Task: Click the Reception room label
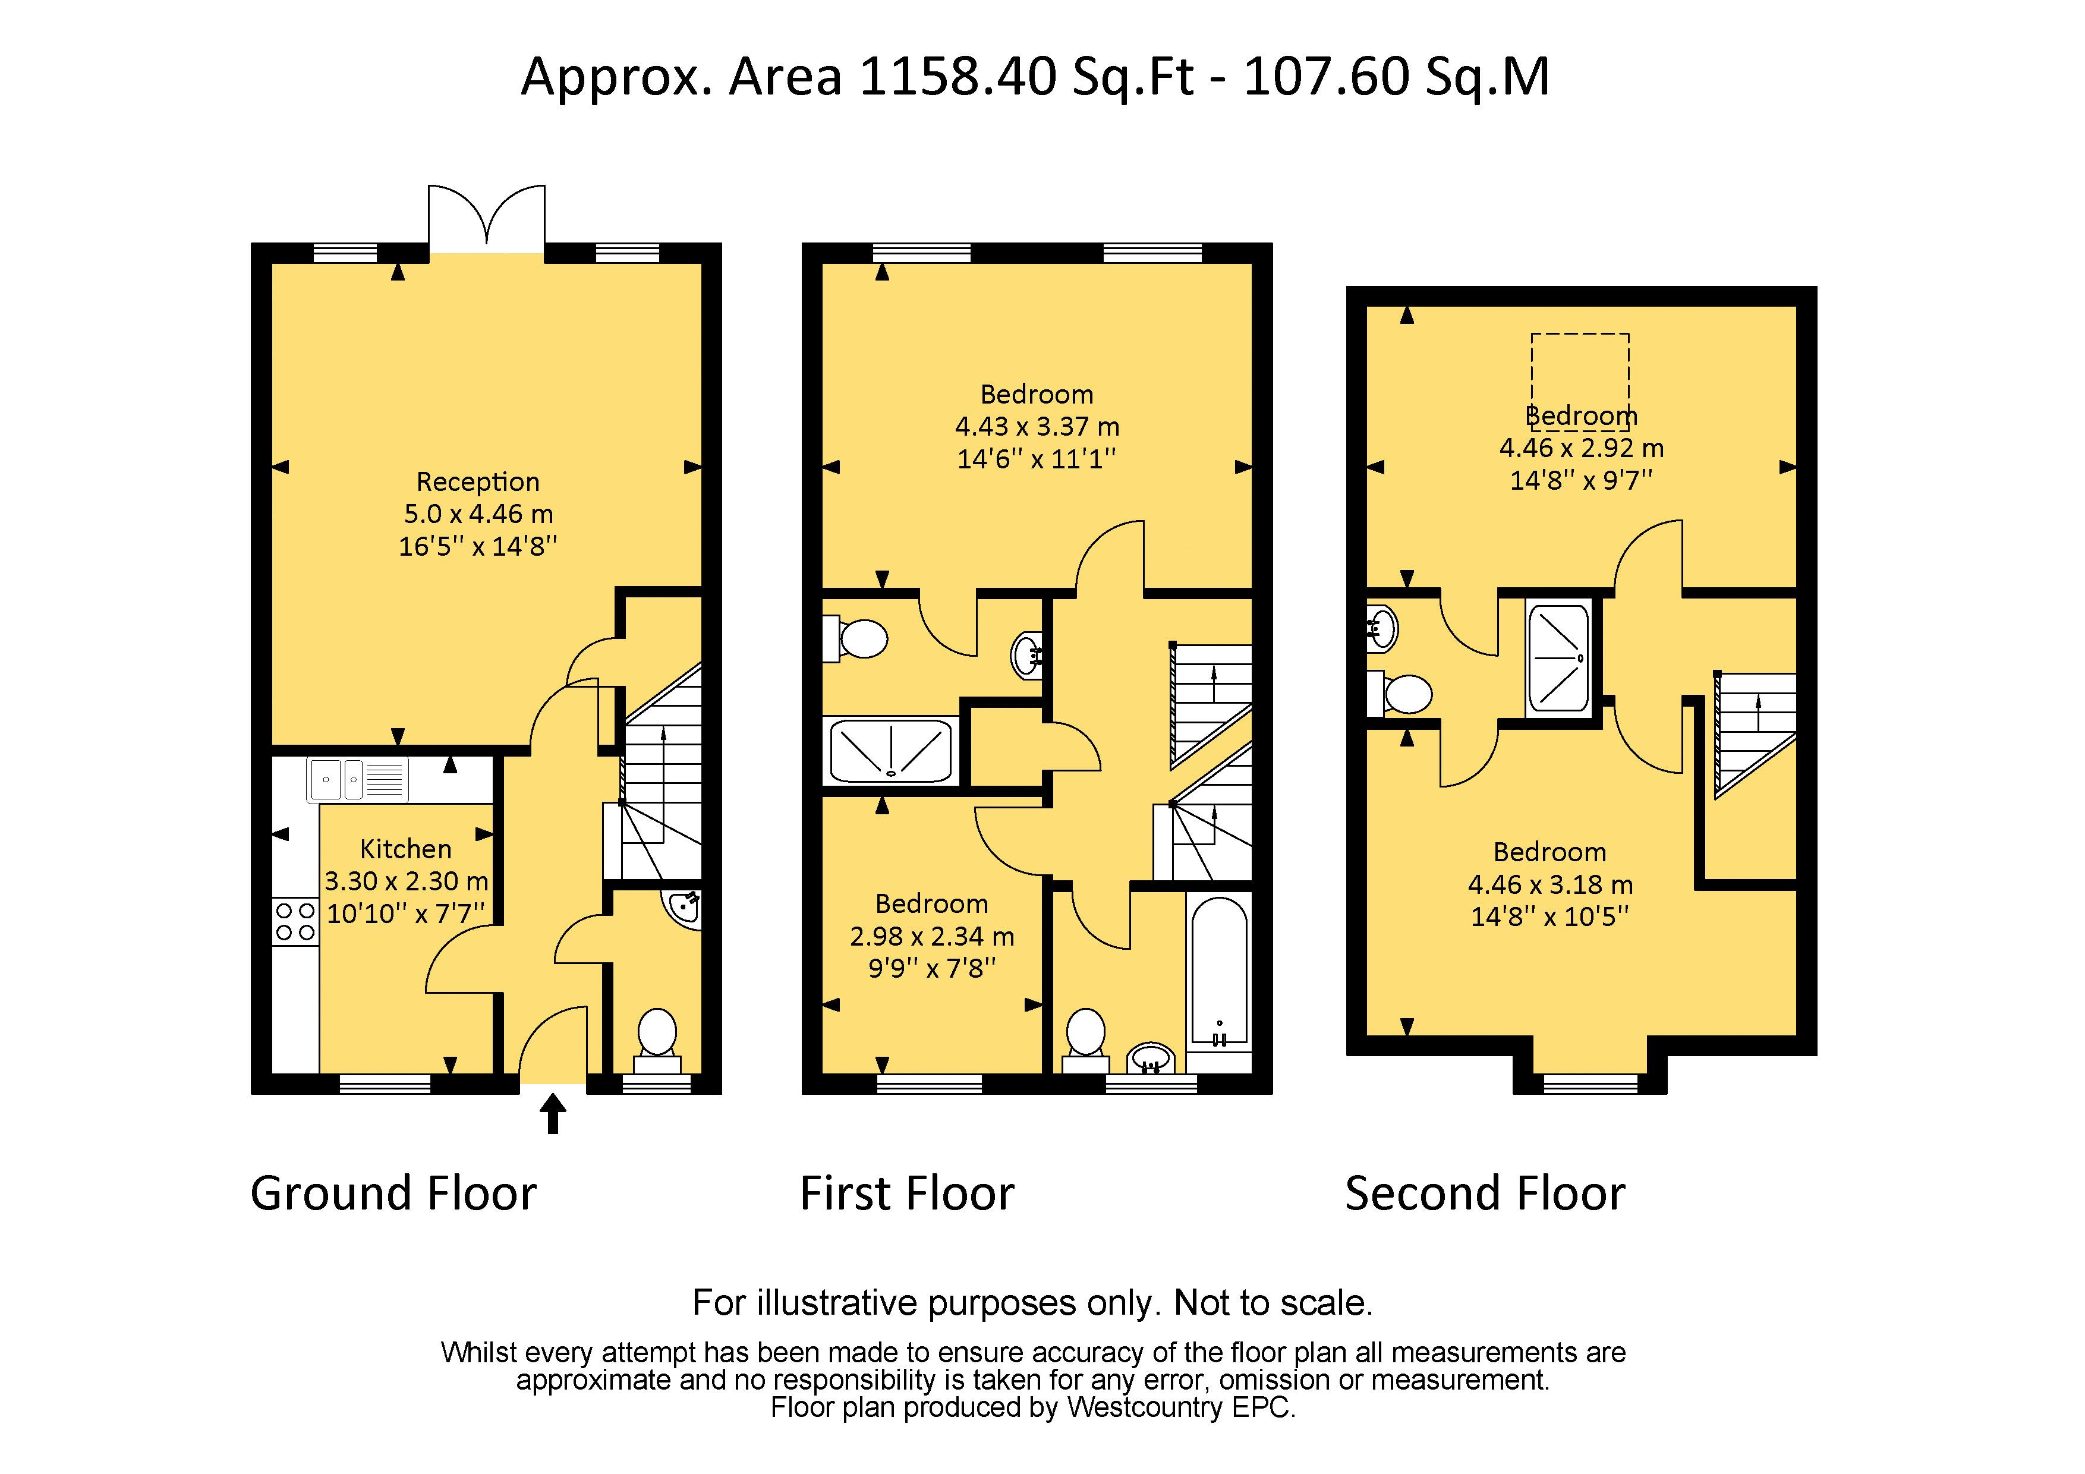tap(478, 481)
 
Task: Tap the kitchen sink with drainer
tap(357, 779)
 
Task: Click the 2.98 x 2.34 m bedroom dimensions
tap(932, 936)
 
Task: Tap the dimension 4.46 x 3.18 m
tap(1549, 884)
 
